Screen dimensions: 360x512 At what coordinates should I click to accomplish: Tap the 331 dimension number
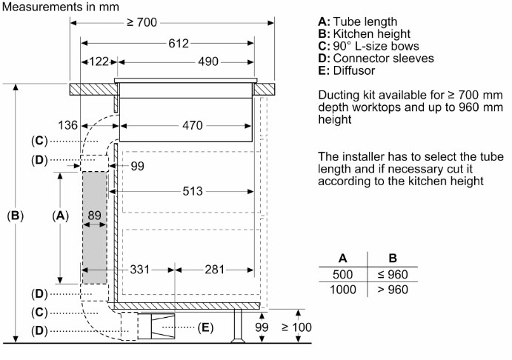pyautogui.click(x=141, y=269)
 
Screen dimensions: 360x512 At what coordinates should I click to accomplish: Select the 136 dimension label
pyautogui.click(x=68, y=126)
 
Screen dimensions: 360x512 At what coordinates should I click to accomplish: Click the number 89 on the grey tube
pyautogui.click(x=94, y=216)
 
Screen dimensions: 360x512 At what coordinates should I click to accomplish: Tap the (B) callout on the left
pyautogui.click(x=15, y=216)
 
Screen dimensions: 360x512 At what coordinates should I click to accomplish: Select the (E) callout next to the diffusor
pyautogui.click(x=206, y=327)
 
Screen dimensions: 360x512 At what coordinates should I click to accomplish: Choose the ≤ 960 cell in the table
pyautogui.click(x=393, y=275)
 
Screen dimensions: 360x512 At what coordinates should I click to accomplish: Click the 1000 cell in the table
pyautogui.click(x=343, y=289)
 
